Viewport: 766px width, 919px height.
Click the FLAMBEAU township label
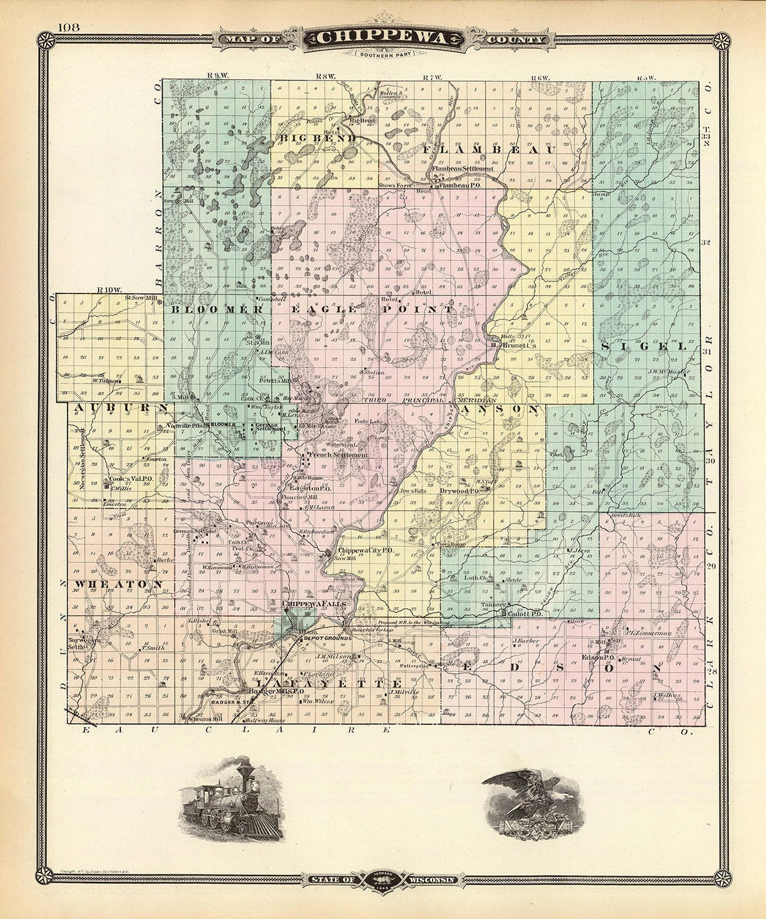pos(490,149)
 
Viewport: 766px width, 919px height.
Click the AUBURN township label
pos(119,407)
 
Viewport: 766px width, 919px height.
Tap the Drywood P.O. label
pos(460,491)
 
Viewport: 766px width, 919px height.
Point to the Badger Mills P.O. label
pos(276,691)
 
